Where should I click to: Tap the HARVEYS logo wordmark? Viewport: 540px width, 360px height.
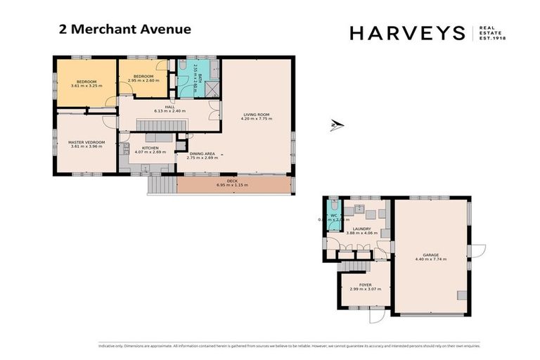407,32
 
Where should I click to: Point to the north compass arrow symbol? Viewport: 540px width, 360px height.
337,127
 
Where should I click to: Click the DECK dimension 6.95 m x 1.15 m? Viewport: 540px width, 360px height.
232,185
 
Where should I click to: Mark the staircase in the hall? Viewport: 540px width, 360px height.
162,124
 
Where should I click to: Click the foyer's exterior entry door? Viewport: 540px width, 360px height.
377,316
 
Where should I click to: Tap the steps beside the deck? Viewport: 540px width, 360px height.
162,186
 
